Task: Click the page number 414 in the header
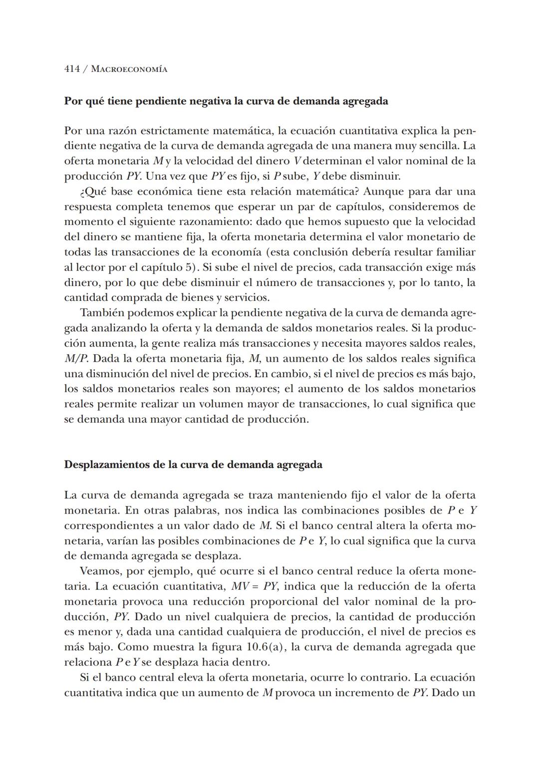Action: (x=72, y=69)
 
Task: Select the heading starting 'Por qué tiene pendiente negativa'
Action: (x=226, y=101)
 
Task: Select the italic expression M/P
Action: (x=76, y=359)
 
